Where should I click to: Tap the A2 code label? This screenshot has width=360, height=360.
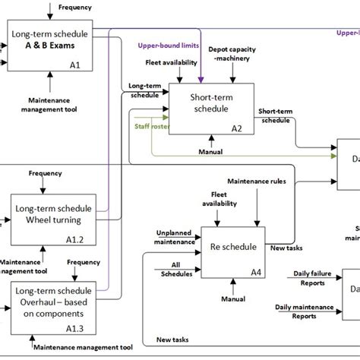pos(237,128)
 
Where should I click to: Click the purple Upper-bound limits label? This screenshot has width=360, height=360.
pos(168,46)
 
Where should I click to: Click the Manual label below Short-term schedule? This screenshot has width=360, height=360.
pos(210,152)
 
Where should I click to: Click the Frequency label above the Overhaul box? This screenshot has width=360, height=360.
pos(83,263)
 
